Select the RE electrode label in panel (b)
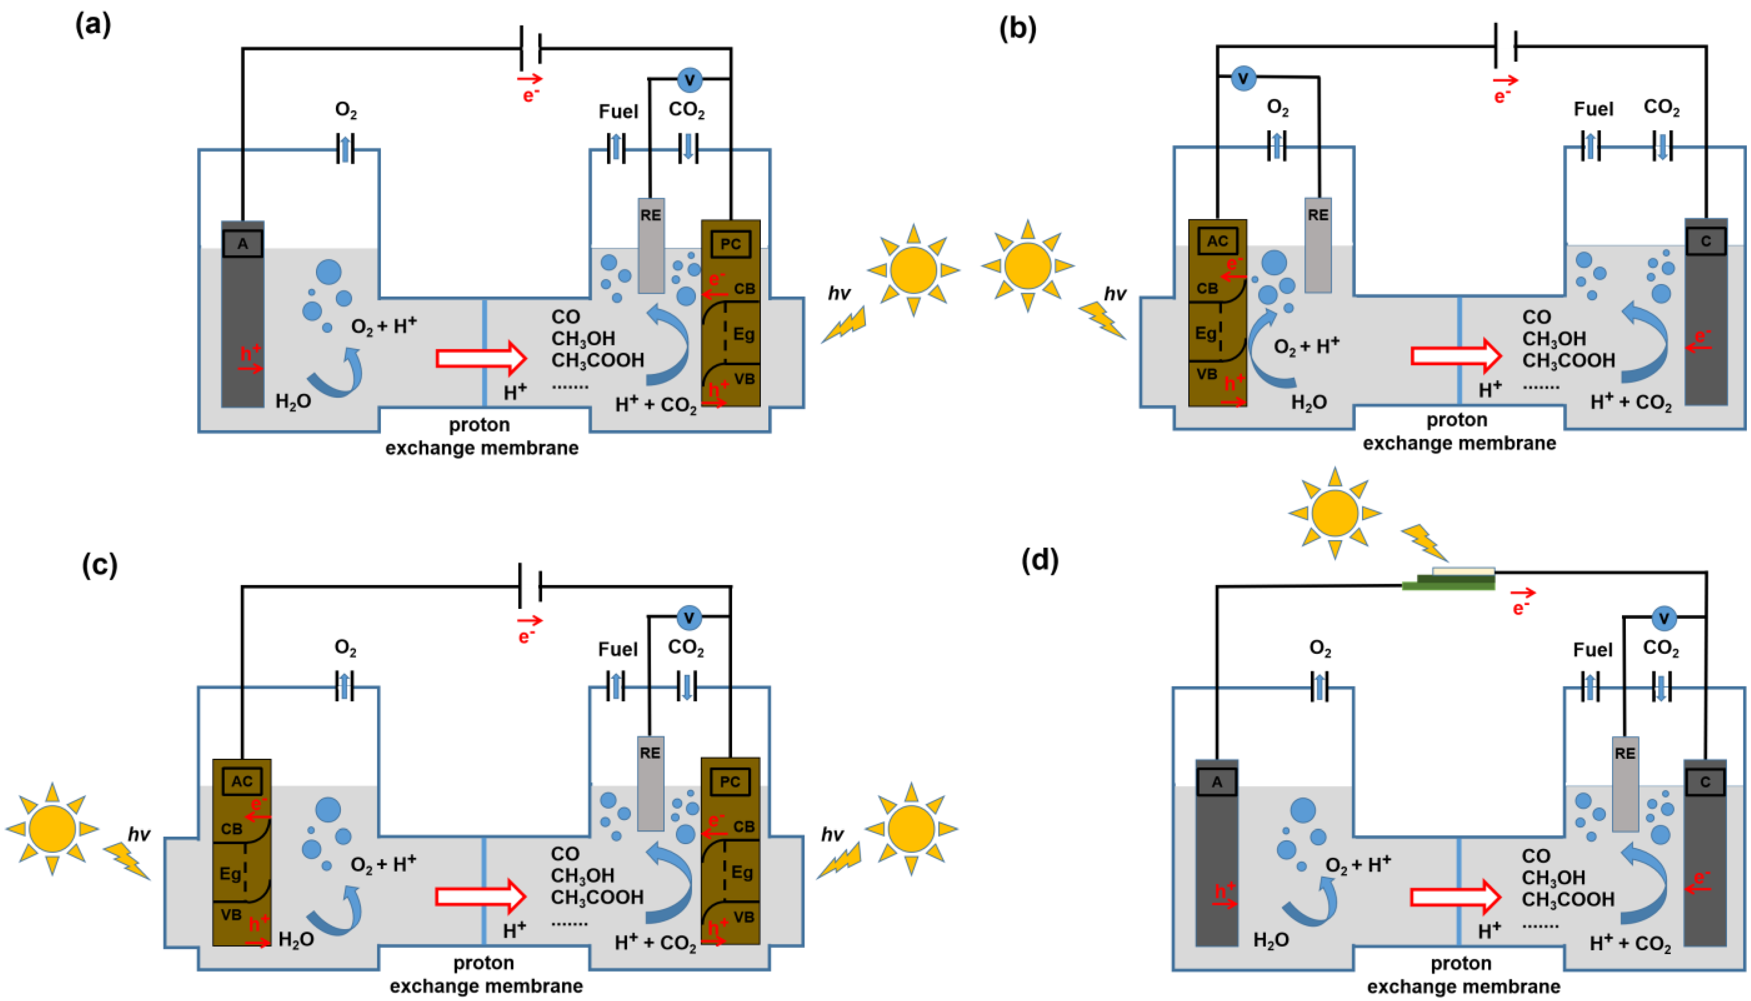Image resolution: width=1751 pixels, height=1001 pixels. coord(1317,215)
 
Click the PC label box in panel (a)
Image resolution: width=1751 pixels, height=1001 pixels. coord(730,244)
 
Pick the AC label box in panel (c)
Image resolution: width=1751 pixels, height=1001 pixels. coord(241,782)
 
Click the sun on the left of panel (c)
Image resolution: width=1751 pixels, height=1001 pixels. coord(52,828)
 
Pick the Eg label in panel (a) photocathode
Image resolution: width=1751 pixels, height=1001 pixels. coord(743,334)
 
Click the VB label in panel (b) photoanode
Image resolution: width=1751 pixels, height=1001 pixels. coord(1207,374)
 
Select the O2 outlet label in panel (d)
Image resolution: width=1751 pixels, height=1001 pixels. coord(1319,648)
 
